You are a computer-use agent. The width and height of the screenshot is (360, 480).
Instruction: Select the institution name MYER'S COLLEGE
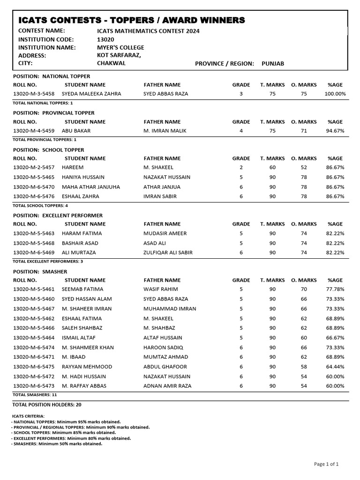pos(117,47)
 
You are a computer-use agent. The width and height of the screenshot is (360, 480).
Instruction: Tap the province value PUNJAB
pos(273,63)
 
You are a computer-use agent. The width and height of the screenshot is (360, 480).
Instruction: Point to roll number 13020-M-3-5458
pos(34,94)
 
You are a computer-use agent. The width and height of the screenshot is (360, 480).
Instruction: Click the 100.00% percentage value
pos(335,94)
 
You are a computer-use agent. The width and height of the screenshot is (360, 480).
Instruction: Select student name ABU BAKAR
pos(76,131)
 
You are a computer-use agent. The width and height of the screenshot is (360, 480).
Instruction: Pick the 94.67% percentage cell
pos(335,131)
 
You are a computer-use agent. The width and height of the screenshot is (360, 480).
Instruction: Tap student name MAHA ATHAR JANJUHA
pos(91,187)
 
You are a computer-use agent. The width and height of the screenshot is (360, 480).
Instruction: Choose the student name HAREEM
pos(73,167)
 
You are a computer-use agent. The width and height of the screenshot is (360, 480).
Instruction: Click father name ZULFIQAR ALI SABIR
pos(168,252)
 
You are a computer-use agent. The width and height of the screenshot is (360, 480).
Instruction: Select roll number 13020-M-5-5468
pos(34,243)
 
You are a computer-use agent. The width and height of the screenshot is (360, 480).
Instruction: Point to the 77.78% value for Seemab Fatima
pos(335,289)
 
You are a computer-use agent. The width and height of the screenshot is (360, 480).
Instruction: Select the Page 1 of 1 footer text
pos(326,464)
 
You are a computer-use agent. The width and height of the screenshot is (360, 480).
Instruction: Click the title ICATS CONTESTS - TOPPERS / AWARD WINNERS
pos(131,20)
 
